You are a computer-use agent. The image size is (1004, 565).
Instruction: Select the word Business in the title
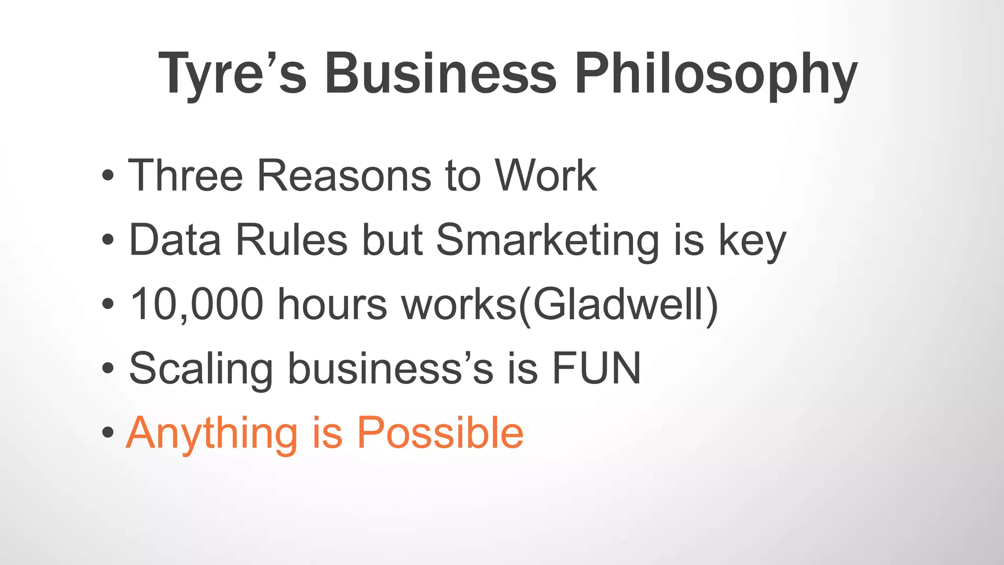click(440, 74)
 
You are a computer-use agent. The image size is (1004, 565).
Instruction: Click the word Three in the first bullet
click(185, 175)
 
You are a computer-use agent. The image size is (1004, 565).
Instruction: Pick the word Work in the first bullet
click(545, 175)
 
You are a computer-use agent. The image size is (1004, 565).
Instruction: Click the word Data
click(175, 240)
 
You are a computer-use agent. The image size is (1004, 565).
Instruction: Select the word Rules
click(292, 240)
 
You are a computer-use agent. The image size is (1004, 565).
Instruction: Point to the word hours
click(332, 305)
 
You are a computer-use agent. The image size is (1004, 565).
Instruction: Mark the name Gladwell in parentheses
click(619, 305)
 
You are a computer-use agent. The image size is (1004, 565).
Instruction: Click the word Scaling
click(201, 369)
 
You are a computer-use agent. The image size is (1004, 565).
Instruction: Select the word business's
click(390, 369)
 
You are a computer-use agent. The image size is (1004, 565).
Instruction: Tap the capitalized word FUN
click(596, 368)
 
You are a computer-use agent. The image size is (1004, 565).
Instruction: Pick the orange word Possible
click(440, 433)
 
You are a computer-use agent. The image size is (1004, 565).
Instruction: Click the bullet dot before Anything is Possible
click(108, 433)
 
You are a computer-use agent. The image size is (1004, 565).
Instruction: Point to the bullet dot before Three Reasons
click(108, 175)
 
